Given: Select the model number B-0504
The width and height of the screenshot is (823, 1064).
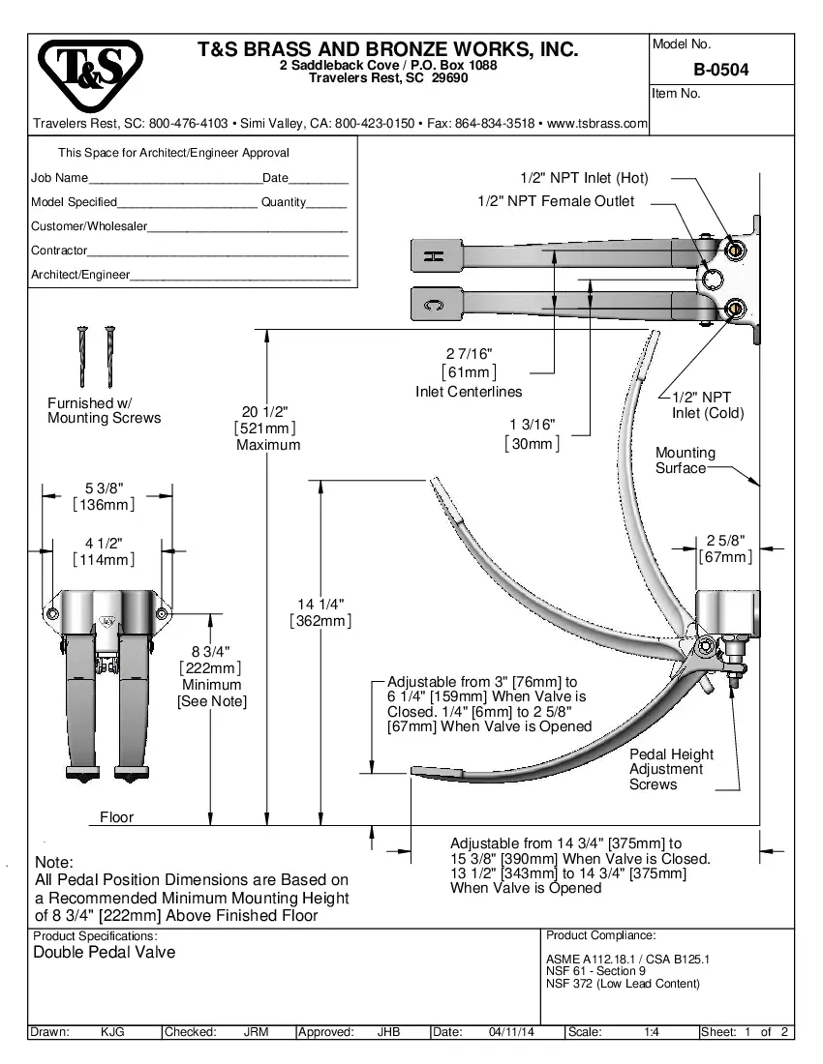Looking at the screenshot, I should (x=720, y=70).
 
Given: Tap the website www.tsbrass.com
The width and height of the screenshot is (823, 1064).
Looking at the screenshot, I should (x=596, y=124).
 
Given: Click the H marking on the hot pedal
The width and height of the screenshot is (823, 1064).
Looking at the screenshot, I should (x=436, y=256).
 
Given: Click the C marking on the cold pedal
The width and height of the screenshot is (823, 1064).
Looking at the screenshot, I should (x=436, y=307).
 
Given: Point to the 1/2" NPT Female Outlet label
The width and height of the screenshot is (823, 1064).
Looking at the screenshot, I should (x=556, y=201).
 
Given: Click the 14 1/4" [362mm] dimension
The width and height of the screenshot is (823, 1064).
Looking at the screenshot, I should (x=320, y=612).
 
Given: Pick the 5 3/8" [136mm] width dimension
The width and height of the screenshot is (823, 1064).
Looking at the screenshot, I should (x=104, y=495).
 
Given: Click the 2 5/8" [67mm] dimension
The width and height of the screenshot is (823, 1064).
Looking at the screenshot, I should (x=725, y=548).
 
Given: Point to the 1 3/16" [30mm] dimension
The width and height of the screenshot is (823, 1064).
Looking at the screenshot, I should (x=532, y=434).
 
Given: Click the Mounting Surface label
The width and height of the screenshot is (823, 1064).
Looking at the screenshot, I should (x=685, y=460).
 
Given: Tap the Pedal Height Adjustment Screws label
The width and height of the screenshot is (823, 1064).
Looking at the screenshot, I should (x=671, y=769).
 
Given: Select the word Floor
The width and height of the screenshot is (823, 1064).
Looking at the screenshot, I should (x=116, y=817).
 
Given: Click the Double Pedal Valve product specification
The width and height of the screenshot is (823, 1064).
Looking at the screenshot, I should (x=105, y=953).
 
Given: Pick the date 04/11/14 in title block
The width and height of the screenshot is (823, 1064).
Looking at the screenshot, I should (x=513, y=1032).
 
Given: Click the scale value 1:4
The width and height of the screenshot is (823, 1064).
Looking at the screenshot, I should (x=652, y=1032).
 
